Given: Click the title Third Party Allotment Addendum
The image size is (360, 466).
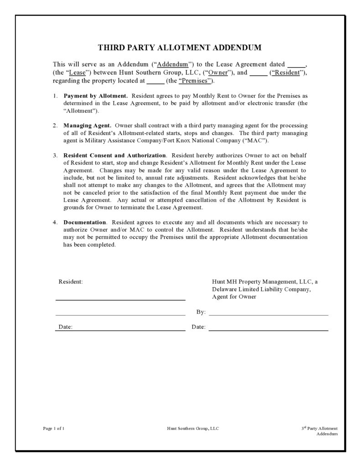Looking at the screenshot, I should [180, 48].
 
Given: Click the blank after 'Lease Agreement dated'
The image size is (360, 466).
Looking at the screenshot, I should [297, 65].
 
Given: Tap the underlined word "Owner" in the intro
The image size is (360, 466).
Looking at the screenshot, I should [217, 72].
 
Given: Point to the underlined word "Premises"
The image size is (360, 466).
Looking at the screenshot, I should [195, 81].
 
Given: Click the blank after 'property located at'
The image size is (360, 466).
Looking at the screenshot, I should [155, 81].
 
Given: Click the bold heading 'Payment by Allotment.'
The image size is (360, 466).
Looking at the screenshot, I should [96, 96].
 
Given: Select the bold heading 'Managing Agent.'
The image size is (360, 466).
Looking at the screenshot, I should [87, 125].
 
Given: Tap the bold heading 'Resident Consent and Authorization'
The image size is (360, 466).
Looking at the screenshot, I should [115, 155].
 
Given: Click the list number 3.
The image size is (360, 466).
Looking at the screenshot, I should [54, 155].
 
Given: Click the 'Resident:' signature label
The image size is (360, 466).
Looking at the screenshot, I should [71, 282].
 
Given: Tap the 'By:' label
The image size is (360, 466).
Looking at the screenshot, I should [201, 312].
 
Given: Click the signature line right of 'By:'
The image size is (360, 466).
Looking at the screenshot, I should [268, 314].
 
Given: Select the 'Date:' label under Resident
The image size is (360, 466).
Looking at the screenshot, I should [65, 327].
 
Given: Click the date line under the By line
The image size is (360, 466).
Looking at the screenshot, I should [268, 329].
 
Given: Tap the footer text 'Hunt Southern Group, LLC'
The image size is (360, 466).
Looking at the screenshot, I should [193, 428].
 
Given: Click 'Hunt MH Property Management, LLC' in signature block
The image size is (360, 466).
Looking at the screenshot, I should [262, 282].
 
